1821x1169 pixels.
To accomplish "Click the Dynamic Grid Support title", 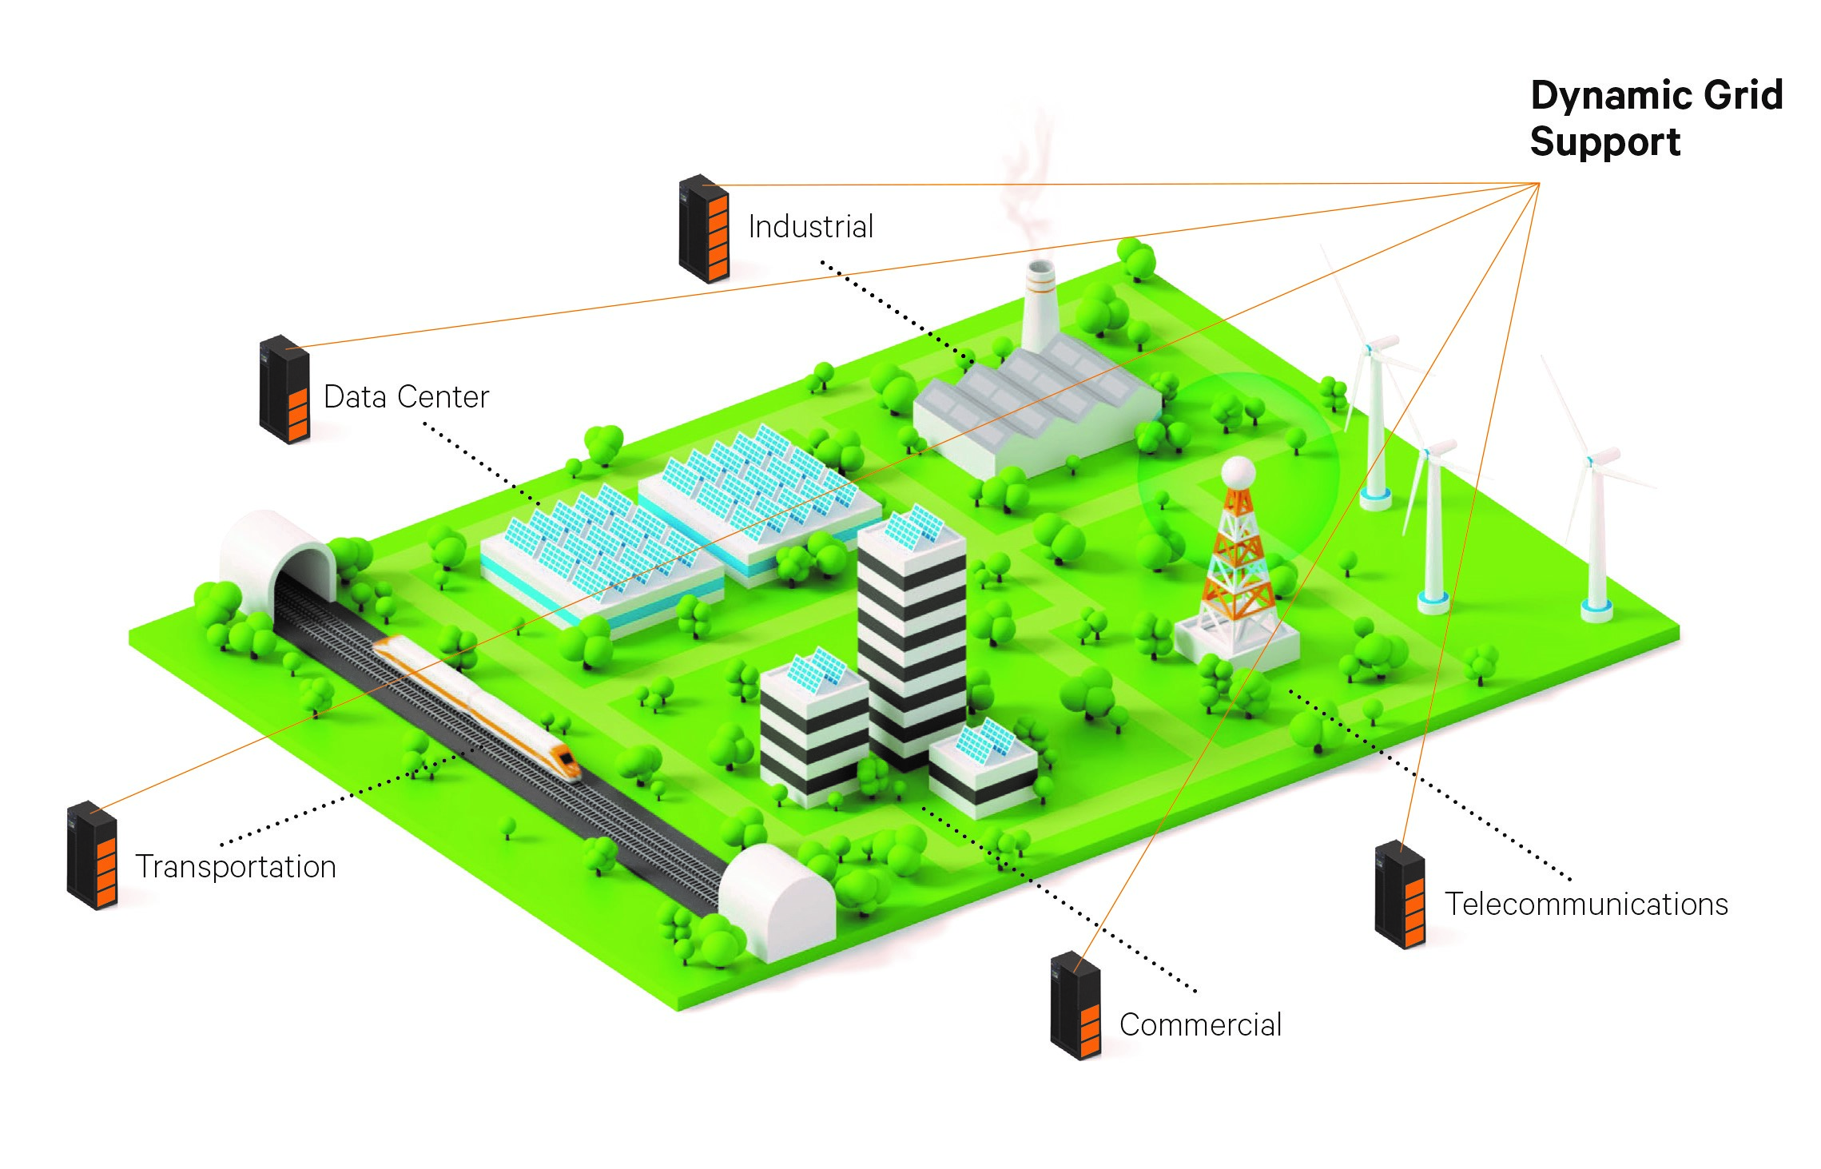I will [x=1656, y=118].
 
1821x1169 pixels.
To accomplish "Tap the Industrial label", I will [x=810, y=227].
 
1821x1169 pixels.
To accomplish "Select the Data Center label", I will [x=406, y=397].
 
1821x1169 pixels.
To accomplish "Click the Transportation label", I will [x=236, y=867].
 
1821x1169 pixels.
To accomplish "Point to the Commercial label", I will [x=1200, y=1025].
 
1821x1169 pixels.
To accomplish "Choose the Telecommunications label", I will [x=1585, y=905].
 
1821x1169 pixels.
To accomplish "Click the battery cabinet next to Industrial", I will [x=703, y=229].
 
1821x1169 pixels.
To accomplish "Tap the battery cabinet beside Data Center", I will [x=284, y=389].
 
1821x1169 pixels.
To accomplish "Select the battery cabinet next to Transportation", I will [x=92, y=855].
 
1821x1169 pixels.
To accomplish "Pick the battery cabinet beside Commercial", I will [x=1075, y=1006].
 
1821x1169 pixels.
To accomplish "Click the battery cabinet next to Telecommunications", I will [x=1399, y=895].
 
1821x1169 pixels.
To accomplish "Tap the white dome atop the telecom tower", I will [x=1237, y=472].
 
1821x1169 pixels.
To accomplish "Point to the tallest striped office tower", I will [x=910, y=631].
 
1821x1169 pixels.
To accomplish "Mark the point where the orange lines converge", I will [x=1538, y=184].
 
